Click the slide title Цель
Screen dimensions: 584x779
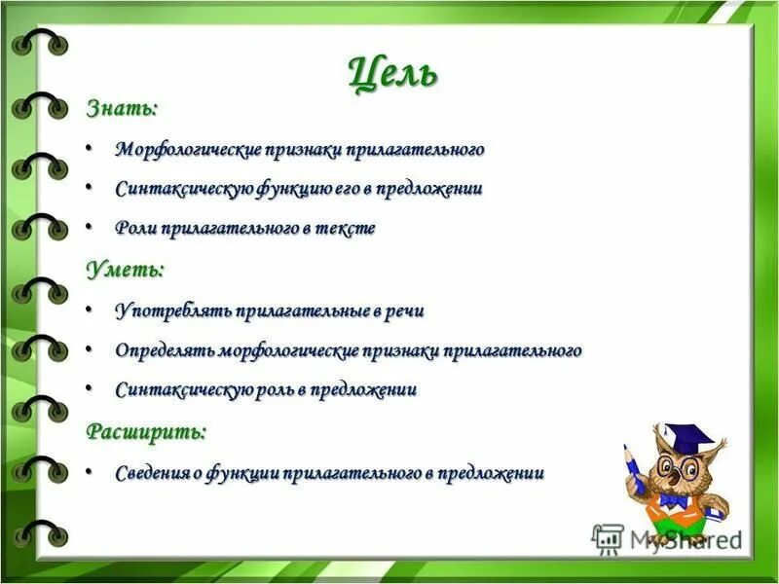(392, 73)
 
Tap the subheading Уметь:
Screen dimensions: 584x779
(125, 269)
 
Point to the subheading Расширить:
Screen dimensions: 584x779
(146, 430)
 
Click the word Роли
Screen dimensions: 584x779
(134, 228)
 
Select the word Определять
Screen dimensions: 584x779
(165, 350)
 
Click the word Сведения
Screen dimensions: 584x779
(151, 473)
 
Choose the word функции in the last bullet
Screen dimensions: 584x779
(242, 473)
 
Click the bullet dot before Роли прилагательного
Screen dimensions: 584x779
(90, 226)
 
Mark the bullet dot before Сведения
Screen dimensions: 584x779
(90, 471)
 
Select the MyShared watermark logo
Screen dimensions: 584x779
(667, 538)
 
